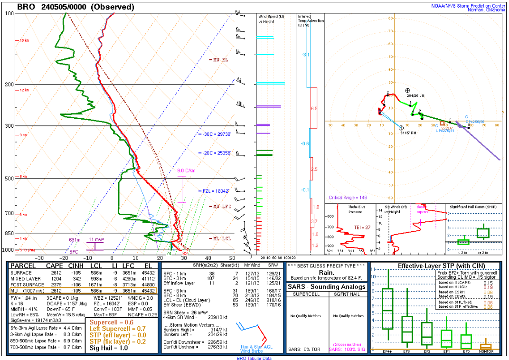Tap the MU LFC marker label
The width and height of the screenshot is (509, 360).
pyautogui.click(x=220, y=207)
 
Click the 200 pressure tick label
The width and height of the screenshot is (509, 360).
pyautogui.click(x=9, y=85)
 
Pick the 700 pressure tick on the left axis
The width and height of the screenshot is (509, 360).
pyautogui.click(x=9, y=213)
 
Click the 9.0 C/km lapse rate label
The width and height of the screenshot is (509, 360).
pyautogui.click(x=186, y=171)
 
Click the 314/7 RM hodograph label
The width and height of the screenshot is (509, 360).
pyautogui.click(x=408, y=133)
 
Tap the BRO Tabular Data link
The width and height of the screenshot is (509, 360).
pyautogui.click(x=254, y=358)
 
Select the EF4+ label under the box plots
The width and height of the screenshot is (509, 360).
pyautogui.click(x=388, y=351)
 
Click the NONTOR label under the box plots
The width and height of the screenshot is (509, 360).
pyautogui.click(x=486, y=351)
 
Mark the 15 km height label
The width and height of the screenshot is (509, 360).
pyautogui.click(x=24, y=41)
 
